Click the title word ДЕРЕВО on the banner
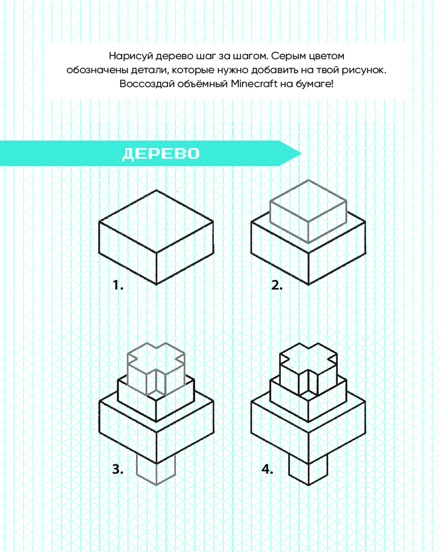click(161, 154)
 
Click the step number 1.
click(118, 285)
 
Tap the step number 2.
click(277, 285)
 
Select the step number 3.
click(118, 469)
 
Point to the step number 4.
click(267, 469)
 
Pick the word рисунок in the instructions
click(363, 70)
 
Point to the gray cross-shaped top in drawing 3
click(156, 368)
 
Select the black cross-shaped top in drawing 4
click(308, 368)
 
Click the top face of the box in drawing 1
click(156, 221)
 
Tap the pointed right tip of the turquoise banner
click(301, 153)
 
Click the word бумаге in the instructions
click(314, 84)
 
